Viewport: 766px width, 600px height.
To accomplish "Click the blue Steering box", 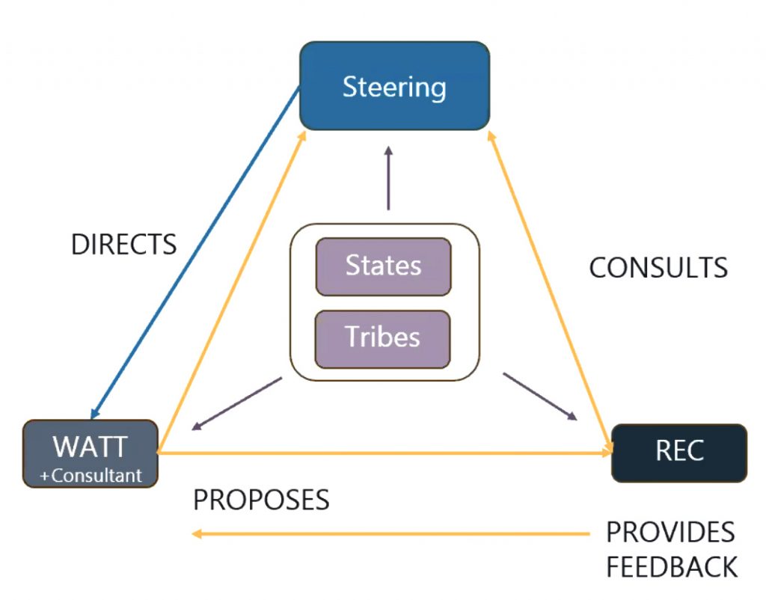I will click(394, 86).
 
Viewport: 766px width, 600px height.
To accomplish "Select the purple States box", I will click(383, 266).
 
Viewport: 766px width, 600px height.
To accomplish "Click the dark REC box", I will click(679, 453).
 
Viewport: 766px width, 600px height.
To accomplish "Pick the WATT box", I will click(90, 447).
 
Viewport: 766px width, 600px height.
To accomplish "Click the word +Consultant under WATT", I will click(90, 475).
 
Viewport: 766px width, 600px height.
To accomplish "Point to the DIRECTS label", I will click(123, 245).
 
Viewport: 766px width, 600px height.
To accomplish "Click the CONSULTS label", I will click(658, 268).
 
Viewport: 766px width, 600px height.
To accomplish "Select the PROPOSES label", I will click(261, 500).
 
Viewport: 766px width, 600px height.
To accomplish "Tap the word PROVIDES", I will click(670, 533).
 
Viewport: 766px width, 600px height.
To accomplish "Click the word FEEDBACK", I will click(672, 566).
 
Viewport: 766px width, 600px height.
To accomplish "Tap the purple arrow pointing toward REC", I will click(540, 397).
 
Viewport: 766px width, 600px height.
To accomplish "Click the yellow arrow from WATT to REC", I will click(382, 453).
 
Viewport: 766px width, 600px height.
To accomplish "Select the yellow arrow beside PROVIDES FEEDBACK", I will click(389, 533).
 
